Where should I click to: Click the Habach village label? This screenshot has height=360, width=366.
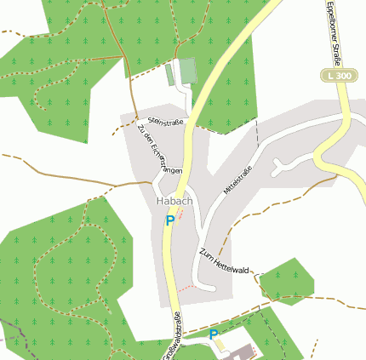(x=174, y=201)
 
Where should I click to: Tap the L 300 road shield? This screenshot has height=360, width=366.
(x=338, y=77)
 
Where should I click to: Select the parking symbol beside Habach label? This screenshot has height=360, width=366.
(x=170, y=220)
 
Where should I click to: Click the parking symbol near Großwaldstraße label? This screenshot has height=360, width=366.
(x=214, y=334)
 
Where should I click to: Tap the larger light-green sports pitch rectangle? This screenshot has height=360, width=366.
(x=186, y=71)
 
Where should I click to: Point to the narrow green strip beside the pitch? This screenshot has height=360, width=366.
(x=169, y=74)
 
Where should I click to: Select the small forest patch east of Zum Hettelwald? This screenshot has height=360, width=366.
(x=286, y=281)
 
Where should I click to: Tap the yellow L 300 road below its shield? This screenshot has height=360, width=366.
(x=345, y=111)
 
